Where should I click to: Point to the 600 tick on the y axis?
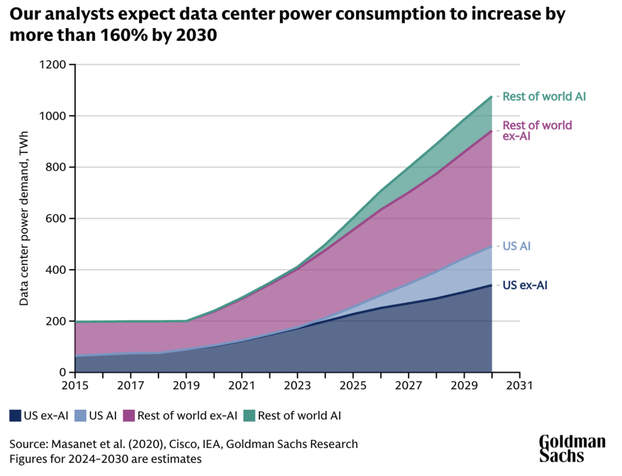coord(57,219)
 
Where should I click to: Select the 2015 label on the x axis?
coord(75,386)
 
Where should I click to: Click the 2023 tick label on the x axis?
coord(298,386)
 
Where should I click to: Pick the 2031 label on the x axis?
coord(520,386)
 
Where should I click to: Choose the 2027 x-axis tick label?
coord(409,386)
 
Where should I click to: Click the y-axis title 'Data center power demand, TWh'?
coord(24,219)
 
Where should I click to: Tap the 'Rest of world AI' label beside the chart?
coord(544,97)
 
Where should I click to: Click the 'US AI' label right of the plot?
coord(517,246)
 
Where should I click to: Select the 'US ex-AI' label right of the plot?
coord(525,284)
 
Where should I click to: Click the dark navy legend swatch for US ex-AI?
coord(15,416)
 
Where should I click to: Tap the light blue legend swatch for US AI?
coord(80,416)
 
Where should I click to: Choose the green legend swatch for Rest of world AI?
coord(250,416)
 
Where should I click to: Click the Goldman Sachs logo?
coord(572,449)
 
